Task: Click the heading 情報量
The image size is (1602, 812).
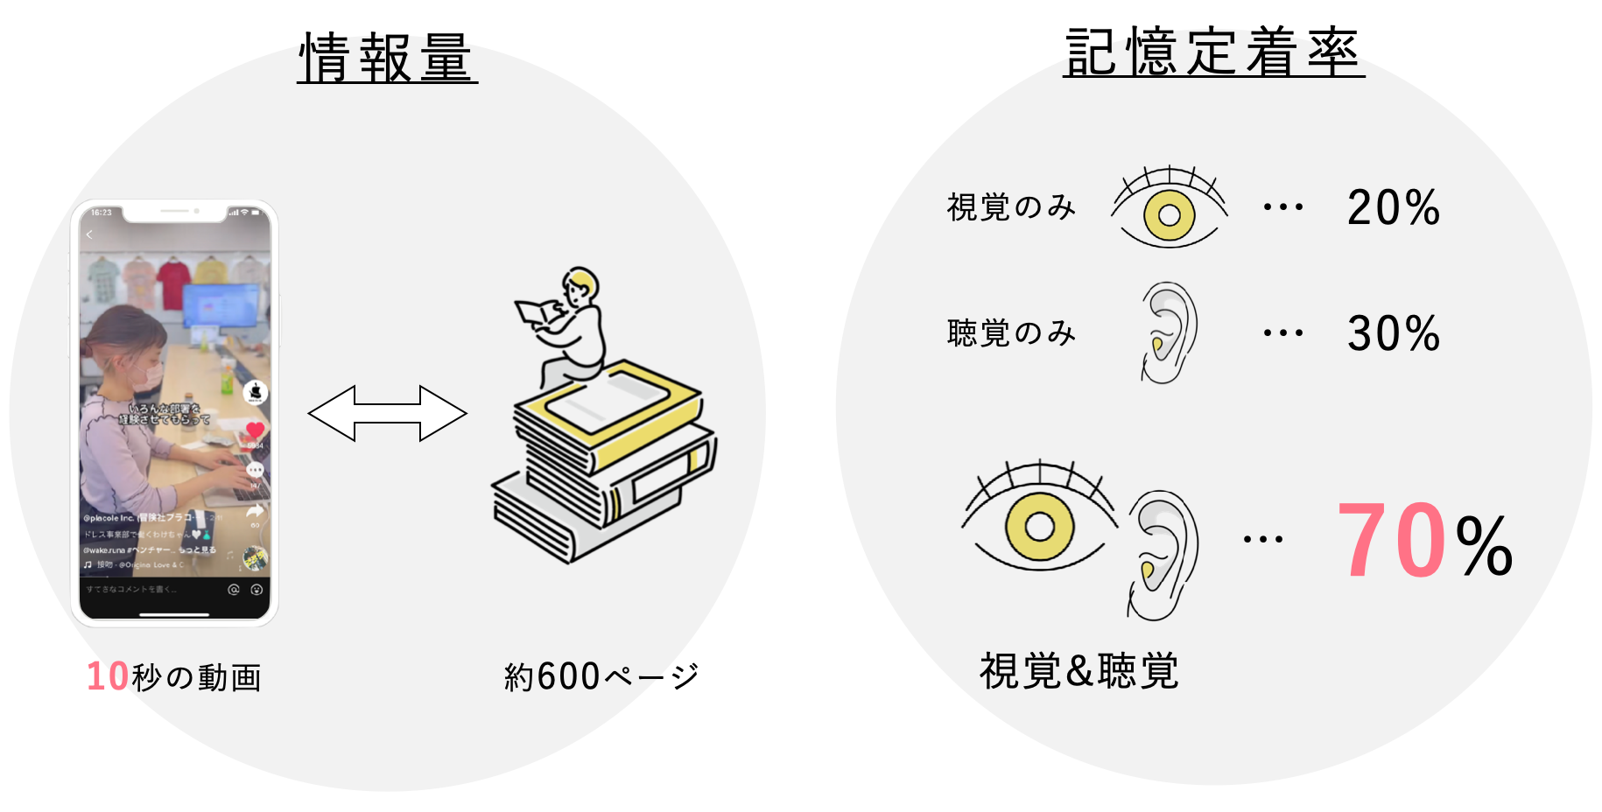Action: tap(387, 58)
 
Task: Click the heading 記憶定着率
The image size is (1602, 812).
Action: tap(1212, 52)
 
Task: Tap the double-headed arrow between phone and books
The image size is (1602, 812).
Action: tap(387, 413)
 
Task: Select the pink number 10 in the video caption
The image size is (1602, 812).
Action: tap(109, 676)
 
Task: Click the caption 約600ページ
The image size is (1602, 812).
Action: tap(601, 676)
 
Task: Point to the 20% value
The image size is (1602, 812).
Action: tap(1393, 208)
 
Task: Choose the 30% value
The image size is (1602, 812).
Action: tap(1393, 333)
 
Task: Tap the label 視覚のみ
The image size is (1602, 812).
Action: tap(1011, 207)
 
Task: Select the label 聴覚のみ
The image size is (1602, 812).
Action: tap(1011, 332)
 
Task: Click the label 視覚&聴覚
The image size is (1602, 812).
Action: tap(1079, 671)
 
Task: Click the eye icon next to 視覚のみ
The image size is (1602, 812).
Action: tap(1170, 211)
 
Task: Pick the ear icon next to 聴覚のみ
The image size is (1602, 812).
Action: tap(1169, 332)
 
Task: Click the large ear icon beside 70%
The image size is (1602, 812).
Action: tap(1162, 555)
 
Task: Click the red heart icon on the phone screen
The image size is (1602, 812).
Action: tap(255, 429)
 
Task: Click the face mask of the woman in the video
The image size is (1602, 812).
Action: tap(151, 374)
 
